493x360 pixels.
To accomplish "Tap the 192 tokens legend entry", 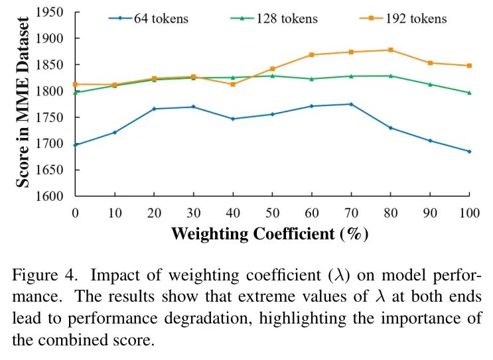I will pyautogui.click(x=404, y=18).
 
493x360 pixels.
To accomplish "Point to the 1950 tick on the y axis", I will pyautogui.click(x=52, y=13).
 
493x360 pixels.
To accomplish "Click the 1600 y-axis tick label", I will pyautogui.click(x=52, y=196).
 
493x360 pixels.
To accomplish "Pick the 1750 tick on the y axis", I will pyautogui.click(x=52, y=117).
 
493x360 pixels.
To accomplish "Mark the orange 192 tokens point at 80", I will pyautogui.click(x=391, y=50).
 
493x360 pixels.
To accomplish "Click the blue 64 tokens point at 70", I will pyautogui.click(x=351, y=104).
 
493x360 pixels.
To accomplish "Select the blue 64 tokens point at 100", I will pyautogui.click(x=469, y=151).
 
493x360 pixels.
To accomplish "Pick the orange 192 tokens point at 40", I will pyautogui.click(x=233, y=84).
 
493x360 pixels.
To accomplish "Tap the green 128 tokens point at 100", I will pyautogui.click(x=469, y=92).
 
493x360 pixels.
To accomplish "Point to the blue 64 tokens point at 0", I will pyautogui.click(x=75, y=145).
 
